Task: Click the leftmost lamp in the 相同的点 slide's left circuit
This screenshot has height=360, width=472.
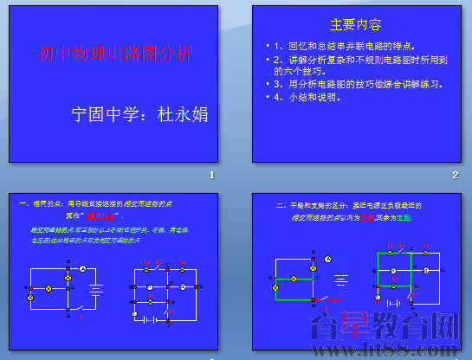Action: [31, 296]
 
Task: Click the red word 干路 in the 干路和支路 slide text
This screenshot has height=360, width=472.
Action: [391, 218]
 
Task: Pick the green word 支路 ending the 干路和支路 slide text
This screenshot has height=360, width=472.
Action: [429, 218]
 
